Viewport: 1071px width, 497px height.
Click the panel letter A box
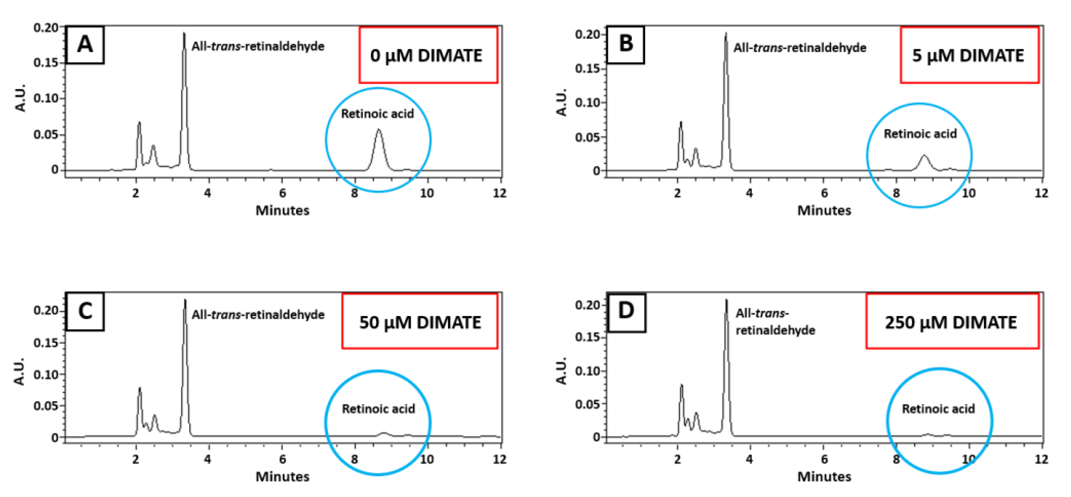[85, 44]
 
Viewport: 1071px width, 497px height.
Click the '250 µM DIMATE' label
[951, 322]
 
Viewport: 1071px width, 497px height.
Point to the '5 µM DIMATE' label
[968, 55]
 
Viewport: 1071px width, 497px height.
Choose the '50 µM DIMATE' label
[420, 322]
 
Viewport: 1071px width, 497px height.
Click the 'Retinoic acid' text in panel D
[938, 409]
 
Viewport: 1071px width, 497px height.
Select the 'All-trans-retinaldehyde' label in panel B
[799, 48]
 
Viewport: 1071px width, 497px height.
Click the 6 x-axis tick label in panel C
[282, 459]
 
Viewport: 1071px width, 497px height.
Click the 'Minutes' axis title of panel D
[824, 476]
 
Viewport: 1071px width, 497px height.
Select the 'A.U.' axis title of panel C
[20, 371]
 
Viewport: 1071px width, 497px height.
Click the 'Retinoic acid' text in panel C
[378, 409]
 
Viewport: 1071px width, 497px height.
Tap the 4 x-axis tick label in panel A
[208, 193]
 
